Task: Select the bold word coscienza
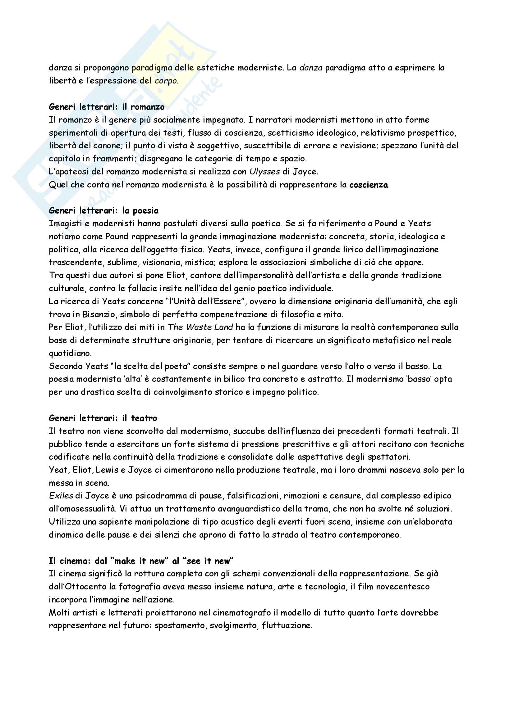[x=369, y=185]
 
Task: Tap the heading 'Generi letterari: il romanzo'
[x=107, y=107]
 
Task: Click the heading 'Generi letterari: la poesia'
[x=103, y=210]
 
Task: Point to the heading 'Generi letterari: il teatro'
[x=103, y=418]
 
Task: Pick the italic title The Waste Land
[x=200, y=327]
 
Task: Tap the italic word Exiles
[x=61, y=496]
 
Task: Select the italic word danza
[x=311, y=68]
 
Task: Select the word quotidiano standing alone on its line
[x=70, y=353]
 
